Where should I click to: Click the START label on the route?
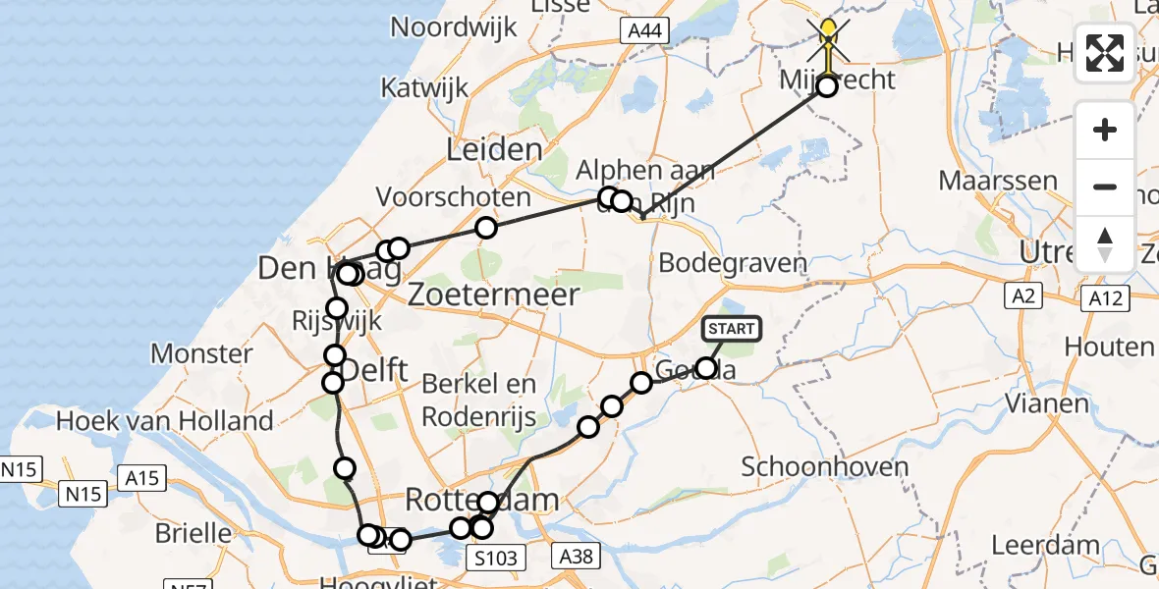732,329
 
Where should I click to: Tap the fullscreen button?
1105,52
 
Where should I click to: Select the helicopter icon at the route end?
828,39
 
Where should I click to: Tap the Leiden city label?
494,150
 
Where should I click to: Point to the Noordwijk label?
455,26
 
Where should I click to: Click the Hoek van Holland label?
165,421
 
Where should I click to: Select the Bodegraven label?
733,262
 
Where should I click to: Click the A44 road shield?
644,31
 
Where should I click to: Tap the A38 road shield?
576,557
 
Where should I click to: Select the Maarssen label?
998,181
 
